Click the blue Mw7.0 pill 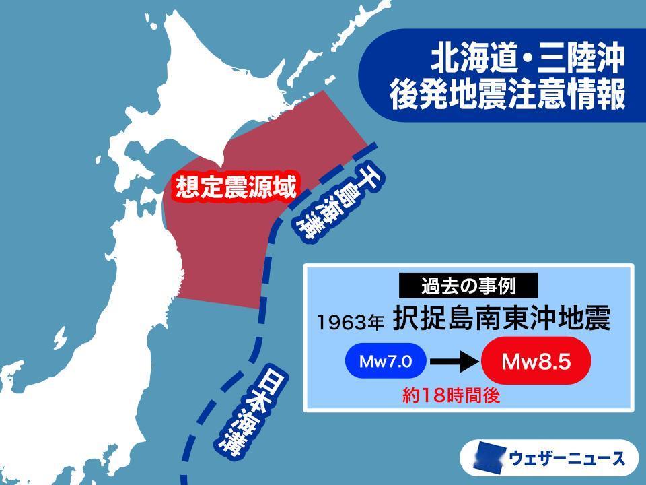pyautogui.click(x=386, y=362)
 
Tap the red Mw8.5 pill pyautogui.click(x=536, y=362)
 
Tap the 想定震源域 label pyautogui.click(x=236, y=187)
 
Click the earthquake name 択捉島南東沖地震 pyautogui.click(x=501, y=319)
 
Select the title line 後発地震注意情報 pyautogui.click(x=508, y=96)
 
